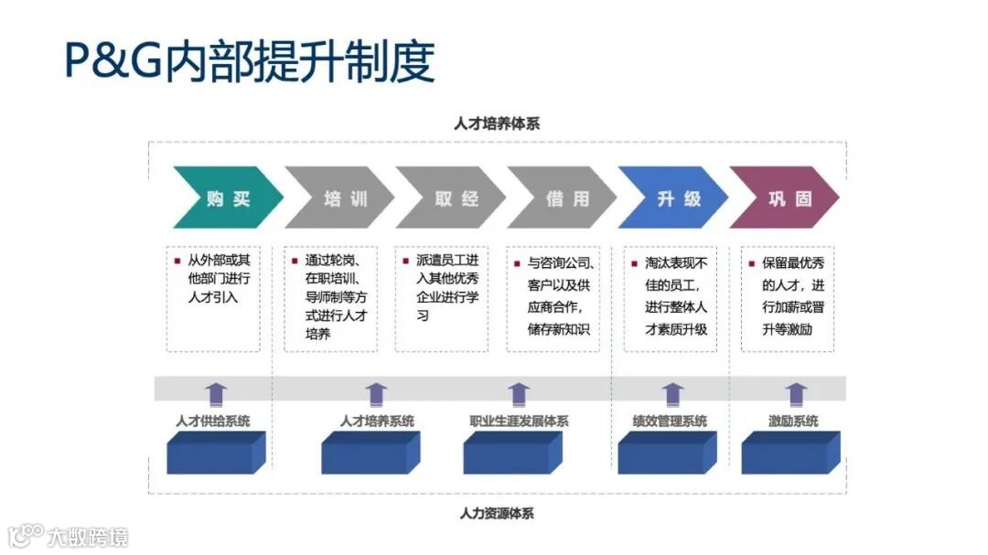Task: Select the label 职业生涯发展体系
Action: (x=519, y=422)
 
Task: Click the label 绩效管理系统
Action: (x=670, y=422)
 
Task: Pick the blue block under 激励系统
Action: (x=789, y=453)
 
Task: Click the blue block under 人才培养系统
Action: (x=370, y=453)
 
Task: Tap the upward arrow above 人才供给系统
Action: (x=216, y=394)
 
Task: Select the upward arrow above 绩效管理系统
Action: (x=673, y=394)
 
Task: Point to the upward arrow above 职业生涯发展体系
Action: (x=519, y=394)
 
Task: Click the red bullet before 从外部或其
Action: (x=177, y=261)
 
